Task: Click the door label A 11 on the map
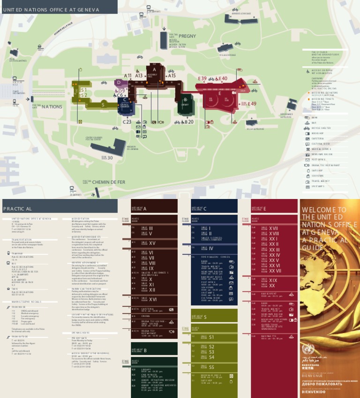(x=127, y=76)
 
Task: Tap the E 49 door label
(x=252, y=104)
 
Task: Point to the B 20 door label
(x=189, y=122)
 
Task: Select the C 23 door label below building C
(x=127, y=122)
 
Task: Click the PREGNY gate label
(x=187, y=36)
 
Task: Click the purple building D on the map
(x=119, y=83)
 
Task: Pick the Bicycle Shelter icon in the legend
(x=307, y=127)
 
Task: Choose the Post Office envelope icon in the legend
(x=307, y=160)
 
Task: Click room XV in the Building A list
(x=152, y=243)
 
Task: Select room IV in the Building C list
(x=211, y=248)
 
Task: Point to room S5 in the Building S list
(x=211, y=367)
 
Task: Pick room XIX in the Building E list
(x=273, y=280)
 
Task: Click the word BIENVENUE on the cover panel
(x=312, y=376)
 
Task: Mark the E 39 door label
(x=202, y=78)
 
